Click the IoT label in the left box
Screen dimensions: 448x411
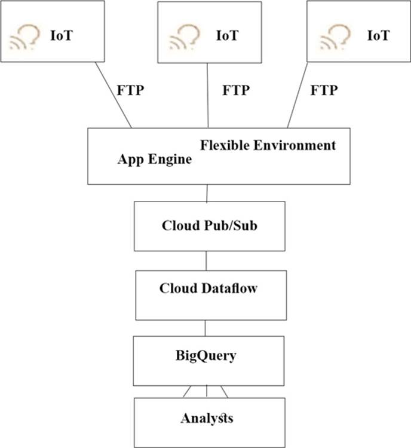click(x=62, y=35)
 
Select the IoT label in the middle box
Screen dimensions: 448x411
click(x=227, y=35)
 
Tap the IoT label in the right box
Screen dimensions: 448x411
click(x=378, y=35)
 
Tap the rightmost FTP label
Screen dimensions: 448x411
click(x=324, y=91)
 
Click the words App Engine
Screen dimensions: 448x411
click(x=155, y=160)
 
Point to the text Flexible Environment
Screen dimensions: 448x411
click(x=268, y=145)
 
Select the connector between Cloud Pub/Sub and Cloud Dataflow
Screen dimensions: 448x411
click(x=206, y=260)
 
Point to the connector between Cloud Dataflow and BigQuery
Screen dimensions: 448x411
click(x=206, y=328)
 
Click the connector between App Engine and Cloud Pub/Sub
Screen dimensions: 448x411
click(x=207, y=193)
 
